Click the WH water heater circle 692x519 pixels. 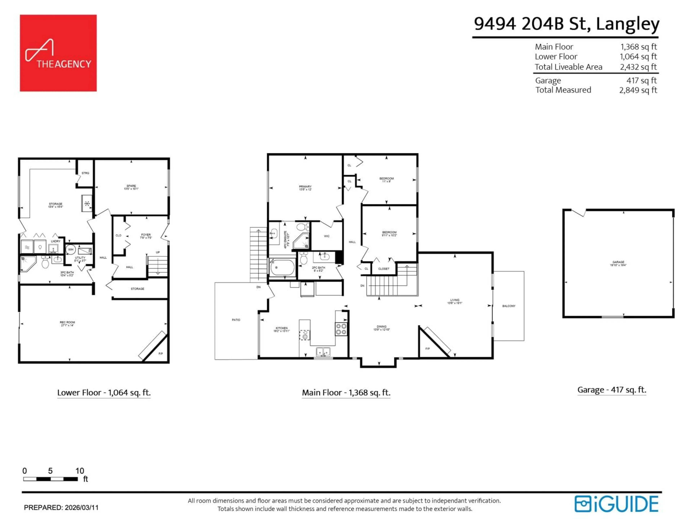pyautogui.click(x=71, y=249)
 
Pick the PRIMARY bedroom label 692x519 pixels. pyautogui.click(x=305, y=188)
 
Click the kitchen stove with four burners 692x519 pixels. pyautogui.click(x=341, y=329)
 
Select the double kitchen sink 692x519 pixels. pyautogui.click(x=323, y=352)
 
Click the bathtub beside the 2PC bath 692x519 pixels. pyautogui.click(x=282, y=267)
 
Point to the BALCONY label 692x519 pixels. pyautogui.click(x=509, y=306)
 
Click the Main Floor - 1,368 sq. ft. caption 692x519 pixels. pyautogui.click(x=346, y=393)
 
